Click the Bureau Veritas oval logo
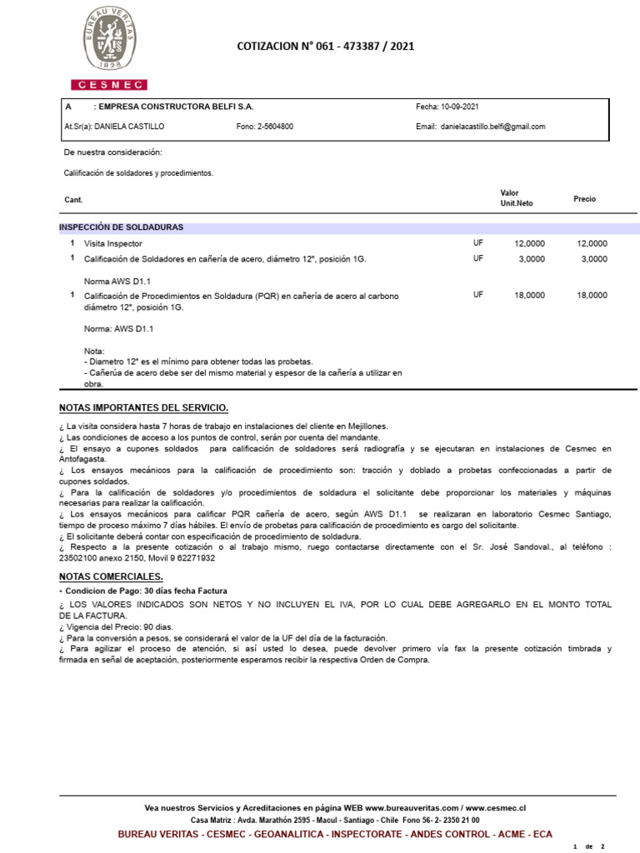point(108,40)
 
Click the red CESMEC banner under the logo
point(108,85)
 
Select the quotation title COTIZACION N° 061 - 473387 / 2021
point(325,47)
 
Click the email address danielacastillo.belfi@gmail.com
point(492,127)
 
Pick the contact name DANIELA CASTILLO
point(129,127)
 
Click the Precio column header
point(584,199)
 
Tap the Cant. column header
point(73,200)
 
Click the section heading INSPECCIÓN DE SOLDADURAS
point(121,227)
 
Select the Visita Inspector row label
point(113,244)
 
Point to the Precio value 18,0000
point(592,296)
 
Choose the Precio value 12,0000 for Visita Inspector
point(592,244)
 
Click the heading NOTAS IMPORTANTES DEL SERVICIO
point(143,407)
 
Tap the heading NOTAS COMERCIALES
point(111,576)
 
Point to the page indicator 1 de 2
point(589,846)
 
